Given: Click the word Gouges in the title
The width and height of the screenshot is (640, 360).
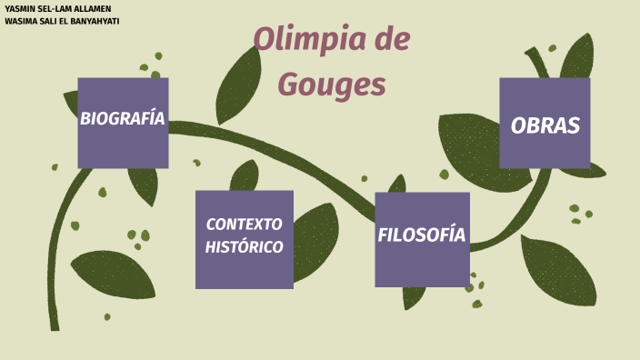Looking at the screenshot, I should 332,84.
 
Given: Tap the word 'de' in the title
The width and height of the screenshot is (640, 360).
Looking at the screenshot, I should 387,41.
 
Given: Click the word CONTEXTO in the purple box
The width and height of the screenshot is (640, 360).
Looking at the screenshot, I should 244,224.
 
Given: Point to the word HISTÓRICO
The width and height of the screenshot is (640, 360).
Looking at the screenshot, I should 244,246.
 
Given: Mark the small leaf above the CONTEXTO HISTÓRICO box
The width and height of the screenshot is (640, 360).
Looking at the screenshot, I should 244,175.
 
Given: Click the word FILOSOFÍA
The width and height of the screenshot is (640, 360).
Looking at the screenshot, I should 422,235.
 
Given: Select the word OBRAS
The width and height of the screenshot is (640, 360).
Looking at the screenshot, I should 545,126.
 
